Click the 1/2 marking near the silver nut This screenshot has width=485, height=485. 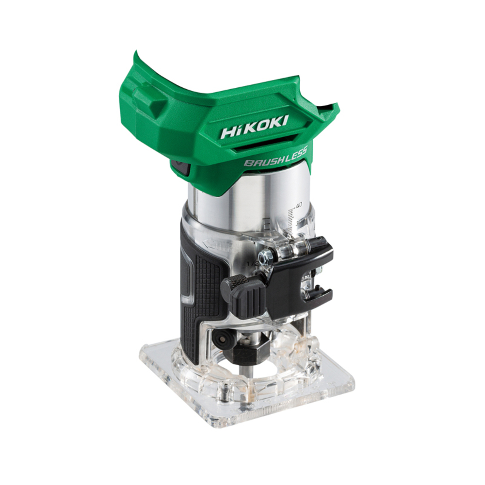point(252,263)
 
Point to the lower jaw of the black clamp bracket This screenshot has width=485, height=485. point(318,296)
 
